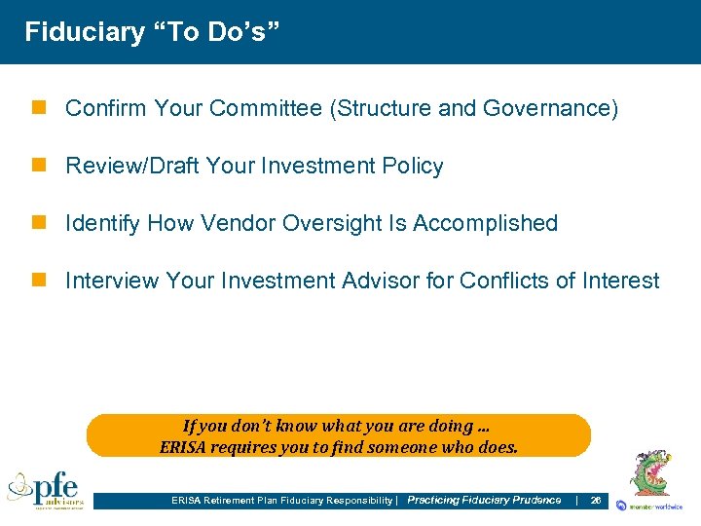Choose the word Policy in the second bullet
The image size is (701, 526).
pos(413,167)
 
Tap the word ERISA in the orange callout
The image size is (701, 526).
pos(183,448)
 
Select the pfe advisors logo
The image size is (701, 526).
pos(46,489)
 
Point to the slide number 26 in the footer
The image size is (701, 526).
pos(595,501)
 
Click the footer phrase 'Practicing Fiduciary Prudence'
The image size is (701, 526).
pos(484,501)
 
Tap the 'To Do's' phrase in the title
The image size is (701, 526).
pos(216,32)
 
